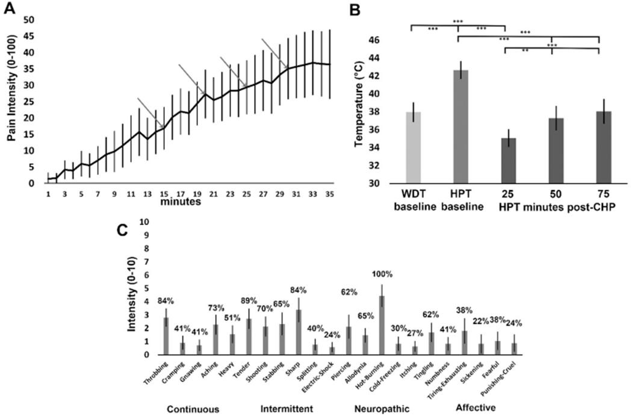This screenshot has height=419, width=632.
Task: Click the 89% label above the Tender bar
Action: point(249,301)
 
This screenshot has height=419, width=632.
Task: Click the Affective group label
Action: point(476,408)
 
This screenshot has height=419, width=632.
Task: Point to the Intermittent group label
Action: point(286,409)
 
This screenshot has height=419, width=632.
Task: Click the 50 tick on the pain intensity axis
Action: point(28,20)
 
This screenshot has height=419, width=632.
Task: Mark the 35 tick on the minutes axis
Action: point(330,194)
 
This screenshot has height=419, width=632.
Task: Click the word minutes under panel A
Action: point(179,202)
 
